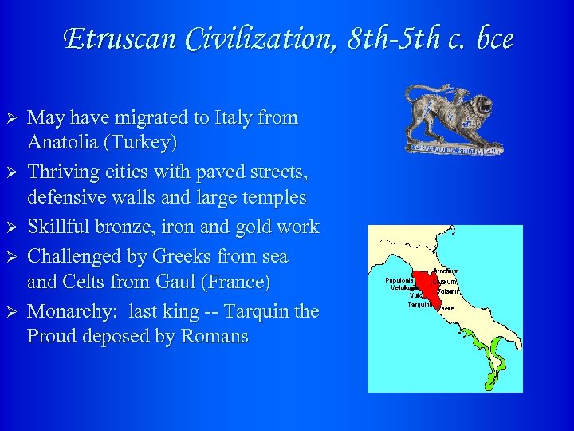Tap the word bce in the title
[x=491, y=38]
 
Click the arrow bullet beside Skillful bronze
[x=12, y=227]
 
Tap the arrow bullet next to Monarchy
[x=12, y=310]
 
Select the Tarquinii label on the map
[x=420, y=305]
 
